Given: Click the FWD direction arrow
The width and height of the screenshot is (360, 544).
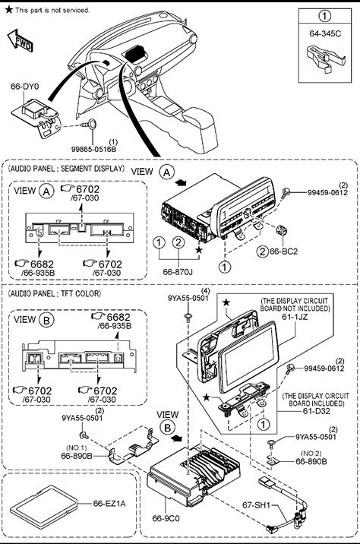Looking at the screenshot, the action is [20, 40].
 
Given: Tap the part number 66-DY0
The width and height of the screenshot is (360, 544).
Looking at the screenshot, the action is [24, 87].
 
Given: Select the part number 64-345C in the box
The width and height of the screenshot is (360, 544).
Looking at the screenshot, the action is [325, 33].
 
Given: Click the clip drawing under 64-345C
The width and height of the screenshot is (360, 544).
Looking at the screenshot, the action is [327, 59].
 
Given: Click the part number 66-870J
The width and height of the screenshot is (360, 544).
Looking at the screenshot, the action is [178, 272].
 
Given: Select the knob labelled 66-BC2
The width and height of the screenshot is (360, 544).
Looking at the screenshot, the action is [281, 229].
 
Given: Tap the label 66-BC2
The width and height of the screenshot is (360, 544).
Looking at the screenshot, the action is [284, 251].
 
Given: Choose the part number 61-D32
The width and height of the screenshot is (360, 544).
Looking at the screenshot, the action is [316, 411].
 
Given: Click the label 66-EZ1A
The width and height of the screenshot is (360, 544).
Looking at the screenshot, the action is [109, 504].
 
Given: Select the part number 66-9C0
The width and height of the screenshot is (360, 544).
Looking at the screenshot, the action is [166, 518].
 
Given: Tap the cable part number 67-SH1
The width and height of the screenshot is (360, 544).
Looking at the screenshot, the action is [256, 504].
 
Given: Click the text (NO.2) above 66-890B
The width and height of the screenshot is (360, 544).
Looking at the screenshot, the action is [311, 454].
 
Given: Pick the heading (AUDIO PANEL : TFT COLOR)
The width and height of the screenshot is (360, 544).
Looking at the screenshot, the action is [55, 293].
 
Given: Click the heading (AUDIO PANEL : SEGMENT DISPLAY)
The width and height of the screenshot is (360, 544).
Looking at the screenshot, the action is [66, 169].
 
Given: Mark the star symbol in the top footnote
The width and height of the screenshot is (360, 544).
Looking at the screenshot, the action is [9, 9].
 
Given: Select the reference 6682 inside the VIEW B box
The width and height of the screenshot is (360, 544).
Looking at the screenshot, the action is [118, 317].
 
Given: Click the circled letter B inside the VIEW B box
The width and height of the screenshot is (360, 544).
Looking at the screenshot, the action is [47, 320].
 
